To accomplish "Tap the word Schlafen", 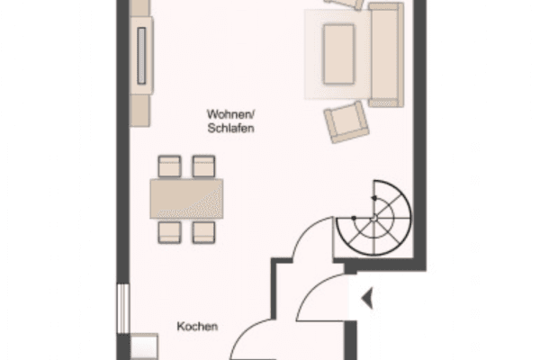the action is coord(230,128).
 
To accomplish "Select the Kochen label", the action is coord(197,326).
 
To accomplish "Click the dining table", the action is coord(186,199).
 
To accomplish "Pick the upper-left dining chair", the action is coord(169,166).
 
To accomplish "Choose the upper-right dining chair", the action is coord(203,166).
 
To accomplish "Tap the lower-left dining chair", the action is coord(169,232).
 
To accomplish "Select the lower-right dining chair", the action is coord(203,232).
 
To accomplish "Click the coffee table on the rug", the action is coord(339,54).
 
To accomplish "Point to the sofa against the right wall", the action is coord(386,54).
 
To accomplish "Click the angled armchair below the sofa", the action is coord(346,122).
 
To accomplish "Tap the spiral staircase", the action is coord(374,218).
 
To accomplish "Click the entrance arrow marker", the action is coord(367,298).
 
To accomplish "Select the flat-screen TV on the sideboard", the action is coord(141,56).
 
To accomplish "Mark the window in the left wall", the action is coord(123,309).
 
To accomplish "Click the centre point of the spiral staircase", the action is coord(374,218).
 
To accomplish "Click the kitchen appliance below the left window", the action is coord(144,346).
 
